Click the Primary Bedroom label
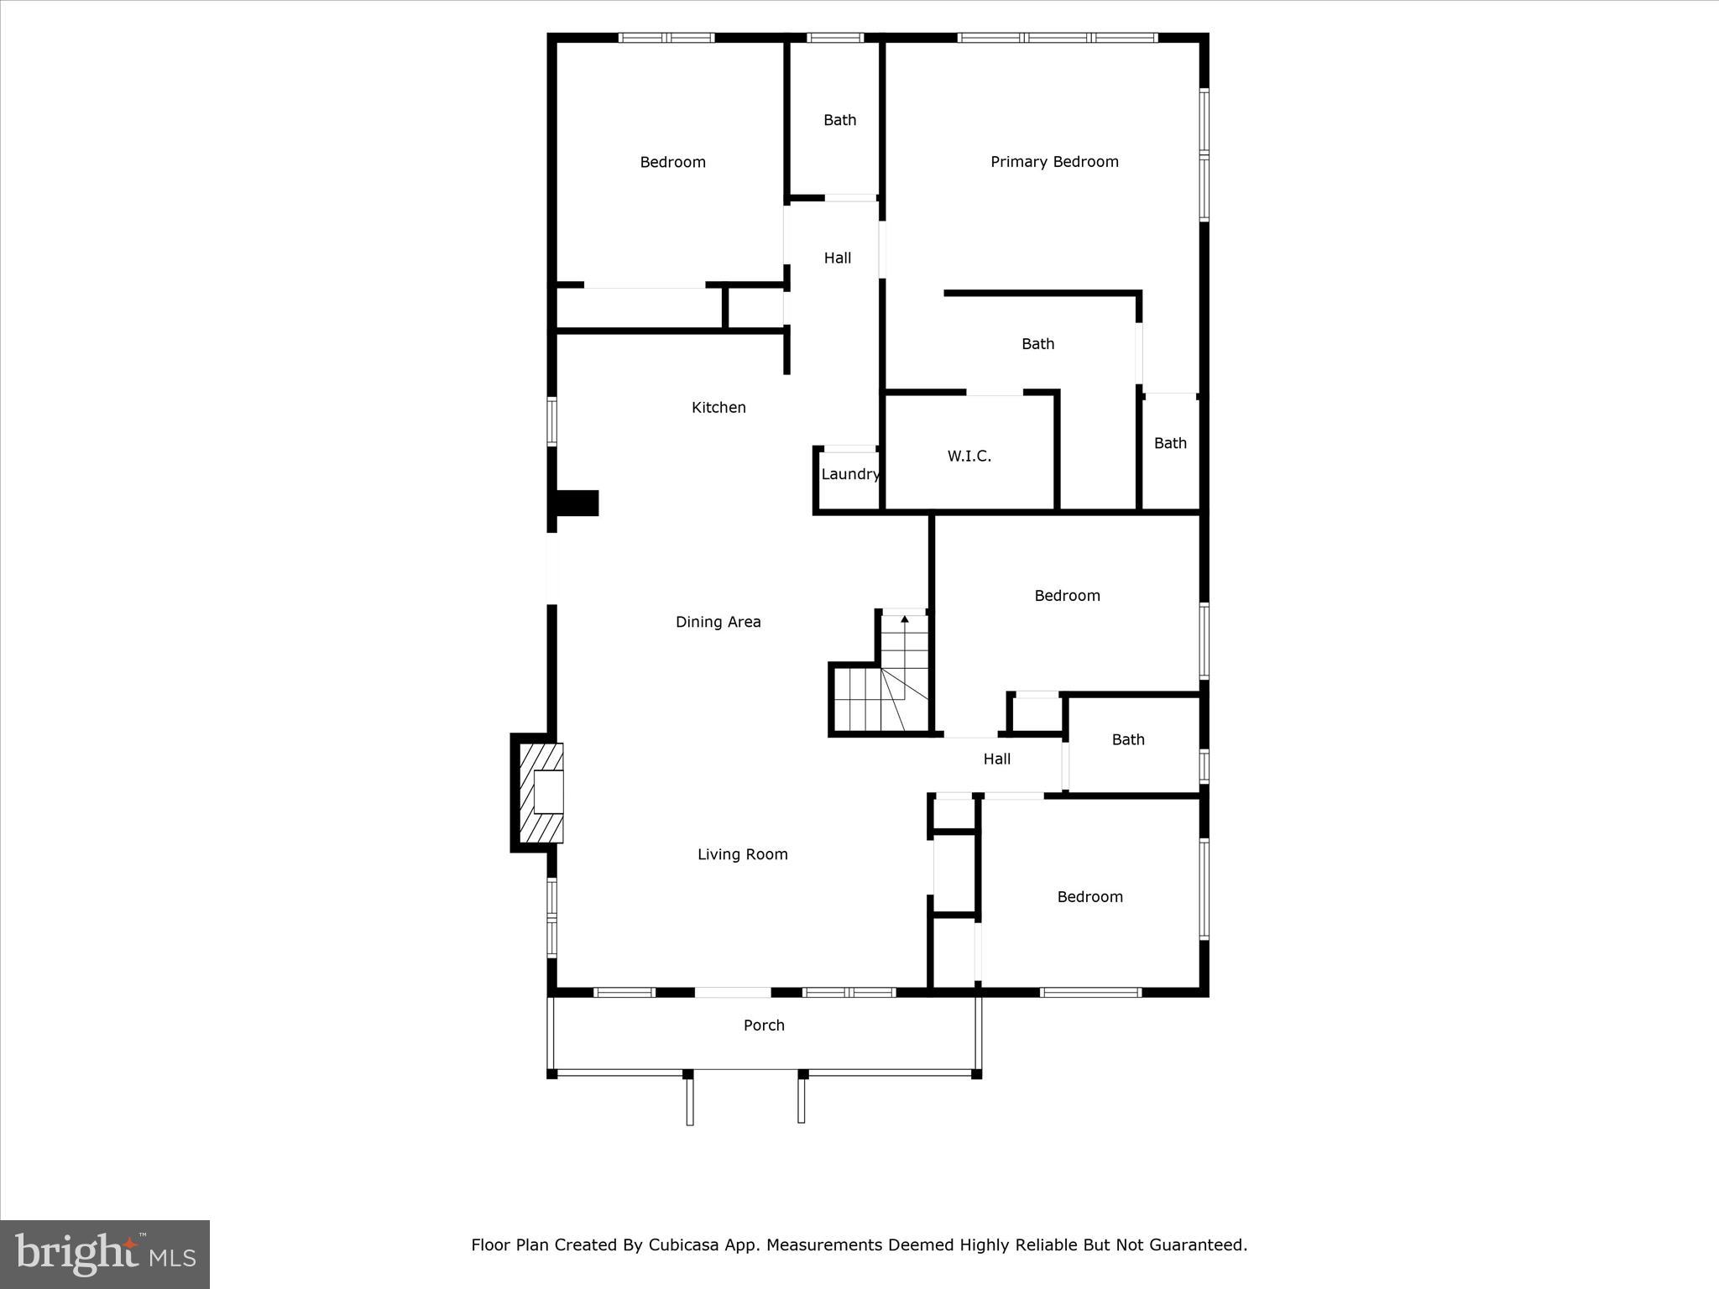point(1054,162)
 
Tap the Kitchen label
point(718,408)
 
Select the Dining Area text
point(718,622)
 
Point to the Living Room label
point(742,854)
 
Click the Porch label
point(764,1025)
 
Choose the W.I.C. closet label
point(969,457)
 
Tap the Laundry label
point(850,474)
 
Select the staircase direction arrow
point(905,620)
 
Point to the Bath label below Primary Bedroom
point(1037,344)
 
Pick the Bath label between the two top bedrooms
point(839,121)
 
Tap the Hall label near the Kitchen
point(837,258)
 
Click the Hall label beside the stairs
point(996,759)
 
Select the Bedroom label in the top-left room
point(672,163)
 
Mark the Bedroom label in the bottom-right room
point(1089,897)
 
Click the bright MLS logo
point(105,1255)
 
